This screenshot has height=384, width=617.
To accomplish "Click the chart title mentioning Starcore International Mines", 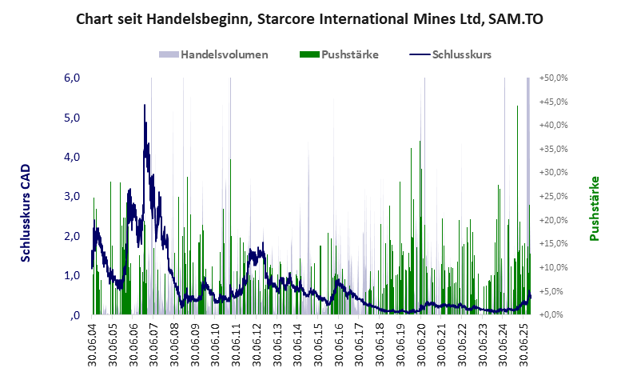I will click(308, 18).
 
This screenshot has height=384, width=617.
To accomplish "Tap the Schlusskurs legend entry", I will click(460, 54).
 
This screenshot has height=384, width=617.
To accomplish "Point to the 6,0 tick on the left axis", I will click(72, 78).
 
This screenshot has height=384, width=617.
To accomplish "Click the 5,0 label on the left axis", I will click(72, 118).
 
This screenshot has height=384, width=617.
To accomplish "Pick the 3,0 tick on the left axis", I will click(72, 197).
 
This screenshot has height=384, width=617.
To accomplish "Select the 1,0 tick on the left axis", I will click(72, 275).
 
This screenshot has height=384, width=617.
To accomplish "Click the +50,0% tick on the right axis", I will click(553, 78).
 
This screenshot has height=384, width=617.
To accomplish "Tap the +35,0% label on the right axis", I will click(553, 149).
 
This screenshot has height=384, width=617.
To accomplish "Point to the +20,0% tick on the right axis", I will click(553, 220).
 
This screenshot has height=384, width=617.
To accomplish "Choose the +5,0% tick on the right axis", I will click(555, 291).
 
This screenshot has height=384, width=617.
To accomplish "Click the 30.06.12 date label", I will click(257, 345).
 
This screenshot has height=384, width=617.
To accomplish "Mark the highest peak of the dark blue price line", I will click(144, 105).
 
